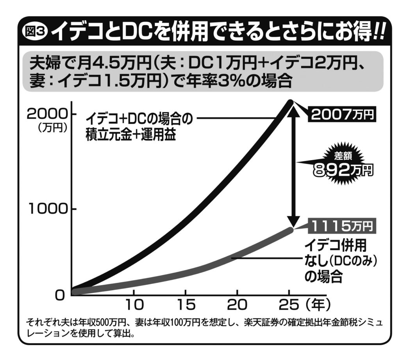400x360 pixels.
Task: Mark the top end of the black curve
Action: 289,103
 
